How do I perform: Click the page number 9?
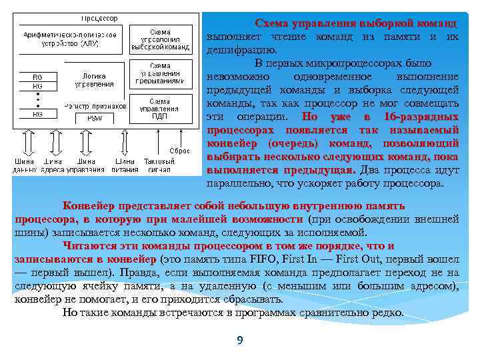[x=239, y=341]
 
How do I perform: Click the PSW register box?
[x=95, y=117]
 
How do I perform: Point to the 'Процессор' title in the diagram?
[x=99, y=18]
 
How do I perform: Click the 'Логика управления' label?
[x=93, y=81]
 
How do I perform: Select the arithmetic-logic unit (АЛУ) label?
[x=71, y=39]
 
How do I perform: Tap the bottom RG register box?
[x=37, y=115]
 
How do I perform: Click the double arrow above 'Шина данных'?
[x=26, y=141]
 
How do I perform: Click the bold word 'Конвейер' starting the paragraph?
[x=87, y=206]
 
